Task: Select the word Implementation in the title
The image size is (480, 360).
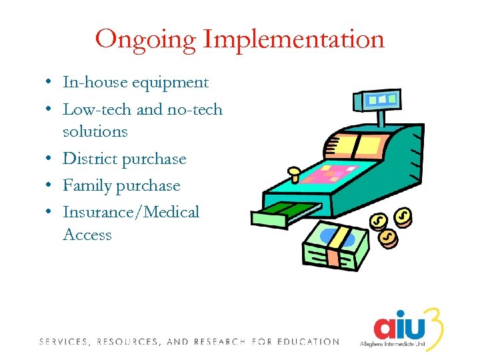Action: (x=294, y=39)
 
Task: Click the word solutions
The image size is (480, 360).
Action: (x=95, y=131)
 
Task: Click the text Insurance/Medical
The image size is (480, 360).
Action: (x=131, y=212)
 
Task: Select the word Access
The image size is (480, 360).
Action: (x=87, y=235)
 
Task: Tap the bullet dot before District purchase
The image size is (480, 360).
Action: (x=51, y=159)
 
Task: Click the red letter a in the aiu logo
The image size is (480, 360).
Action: (x=385, y=327)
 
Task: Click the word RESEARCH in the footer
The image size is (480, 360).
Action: (x=221, y=342)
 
